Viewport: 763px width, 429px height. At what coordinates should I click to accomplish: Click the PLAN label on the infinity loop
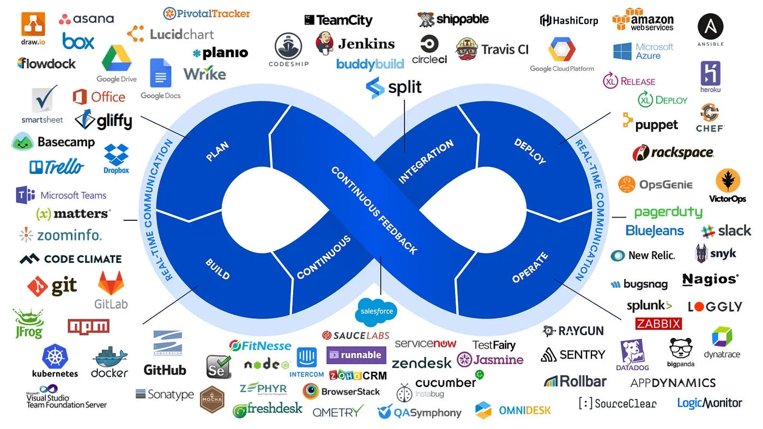pyautogui.click(x=217, y=152)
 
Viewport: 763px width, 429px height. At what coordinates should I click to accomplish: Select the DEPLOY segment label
pyautogui.click(x=530, y=151)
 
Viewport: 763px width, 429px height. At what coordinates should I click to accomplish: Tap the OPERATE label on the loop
pyautogui.click(x=530, y=268)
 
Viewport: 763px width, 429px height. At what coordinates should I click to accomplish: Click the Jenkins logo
pyautogui.click(x=355, y=44)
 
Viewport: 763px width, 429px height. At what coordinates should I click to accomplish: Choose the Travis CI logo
pyautogui.click(x=492, y=49)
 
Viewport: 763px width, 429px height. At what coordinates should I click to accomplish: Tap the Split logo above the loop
pyautogui.click(x=393, y=88)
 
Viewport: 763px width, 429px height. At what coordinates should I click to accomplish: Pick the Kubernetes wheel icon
pyautogui.click(x=55, y=357)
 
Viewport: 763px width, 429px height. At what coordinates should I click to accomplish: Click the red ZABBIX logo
pyautogui.click(x=658, y=324)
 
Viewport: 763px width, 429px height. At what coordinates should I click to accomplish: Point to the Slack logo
pyautogui.click(x=726, y=231)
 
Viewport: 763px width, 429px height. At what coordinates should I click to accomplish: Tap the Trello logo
pyautogui.click(x=57, y=167)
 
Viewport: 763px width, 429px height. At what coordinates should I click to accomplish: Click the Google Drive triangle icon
pyautogui.click(x=117, y=58)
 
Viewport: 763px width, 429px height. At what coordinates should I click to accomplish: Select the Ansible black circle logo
pyautogui.click(x=710, y=27)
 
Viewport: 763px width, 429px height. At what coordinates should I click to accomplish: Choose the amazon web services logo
pyautogui.click(x=643, y=20)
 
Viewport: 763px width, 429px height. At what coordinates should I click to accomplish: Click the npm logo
pyautogui.click(x=88, y=326)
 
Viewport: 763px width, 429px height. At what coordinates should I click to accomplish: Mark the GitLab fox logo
pyautogui.click(x=111, y=284)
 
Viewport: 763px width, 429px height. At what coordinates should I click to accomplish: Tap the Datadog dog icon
pyautogui.click(x=633, y=352)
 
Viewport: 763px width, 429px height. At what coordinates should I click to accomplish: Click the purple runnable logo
pyautogui.click(x=356, y=355)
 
